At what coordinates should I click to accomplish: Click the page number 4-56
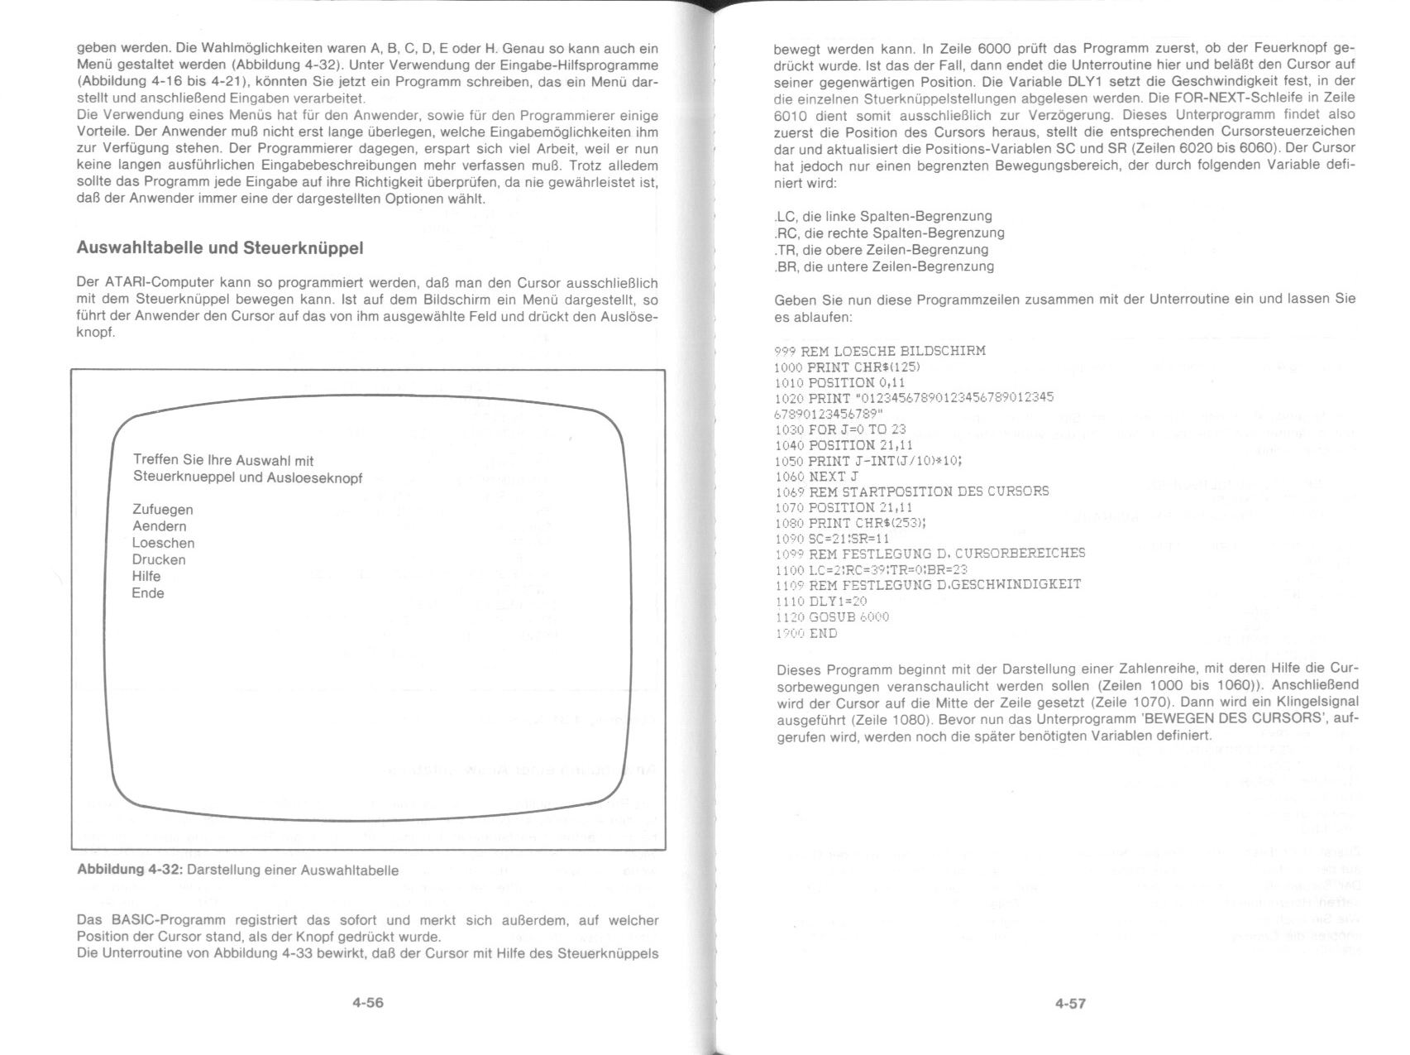point(368,1003)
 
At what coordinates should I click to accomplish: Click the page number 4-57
point(1070,1004)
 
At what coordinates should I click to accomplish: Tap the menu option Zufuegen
point(162,510)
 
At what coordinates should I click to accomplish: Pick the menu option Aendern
point(159,526)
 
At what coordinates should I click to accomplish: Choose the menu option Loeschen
point(163,543)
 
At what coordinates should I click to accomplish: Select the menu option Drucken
point(159,559)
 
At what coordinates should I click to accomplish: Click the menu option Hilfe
point(146,576)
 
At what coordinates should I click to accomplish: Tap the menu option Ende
point(148,593)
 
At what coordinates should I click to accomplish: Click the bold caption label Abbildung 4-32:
point(130,870)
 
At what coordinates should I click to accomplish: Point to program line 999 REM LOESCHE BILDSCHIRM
point(880,351)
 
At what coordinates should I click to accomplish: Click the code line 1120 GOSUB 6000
point(832,617)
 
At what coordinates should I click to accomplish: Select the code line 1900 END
point(806,634)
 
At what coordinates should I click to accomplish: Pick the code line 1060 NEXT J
point(817,477)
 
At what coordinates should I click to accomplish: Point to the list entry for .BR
point(884,266)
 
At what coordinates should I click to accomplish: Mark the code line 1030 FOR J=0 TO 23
point(840,429)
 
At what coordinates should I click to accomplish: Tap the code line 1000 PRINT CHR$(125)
point(848,367)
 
